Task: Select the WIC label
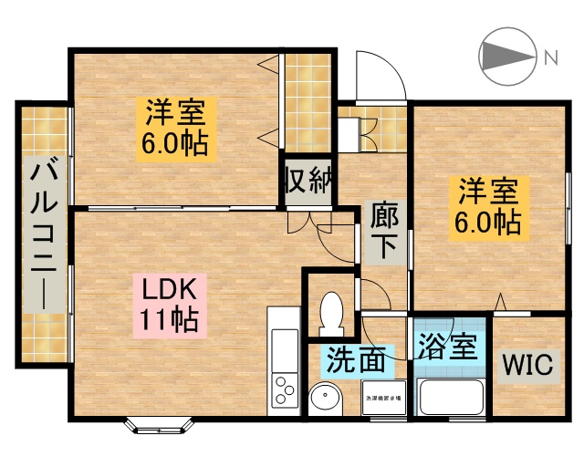tap(527, 367)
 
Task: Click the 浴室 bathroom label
tap(447, 347)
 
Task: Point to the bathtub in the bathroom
tap(450, 398)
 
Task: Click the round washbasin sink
tap(323, 398)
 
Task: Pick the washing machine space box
tap(385, 399)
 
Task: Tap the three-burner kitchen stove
tap(285, 389)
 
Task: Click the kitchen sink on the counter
tap(283, 346)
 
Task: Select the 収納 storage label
tap(308, 180)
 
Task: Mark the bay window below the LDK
tap(157, 424)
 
